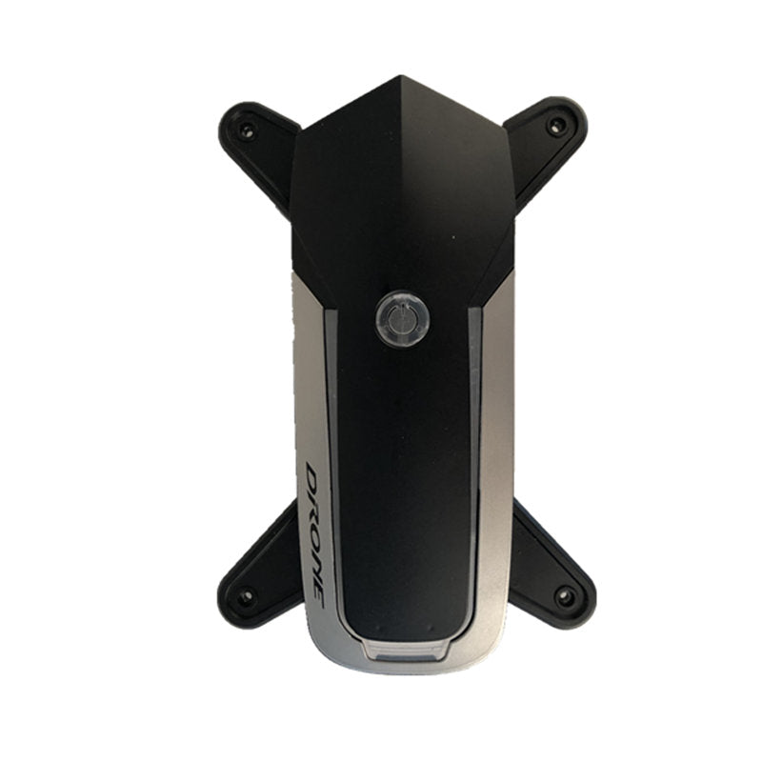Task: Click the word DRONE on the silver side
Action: pyautogui.click(x=316, y=534)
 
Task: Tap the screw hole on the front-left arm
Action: pyautogui.click(x=247, y=130)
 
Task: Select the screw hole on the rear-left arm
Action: pyautogui.click(x=246, y=596)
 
